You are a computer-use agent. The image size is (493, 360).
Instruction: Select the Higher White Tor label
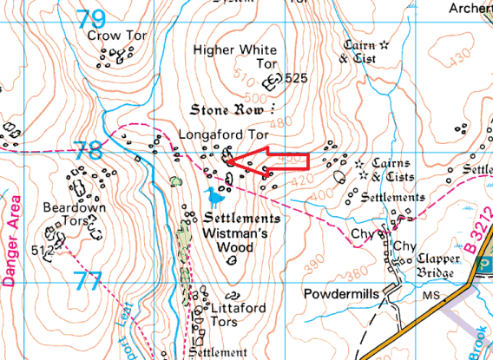coord(234,56)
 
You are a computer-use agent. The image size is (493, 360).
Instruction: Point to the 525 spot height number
coord(296,78)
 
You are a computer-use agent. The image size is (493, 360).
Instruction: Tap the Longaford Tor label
coord(219,134)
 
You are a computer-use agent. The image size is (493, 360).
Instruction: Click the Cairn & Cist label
coord(356,52)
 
